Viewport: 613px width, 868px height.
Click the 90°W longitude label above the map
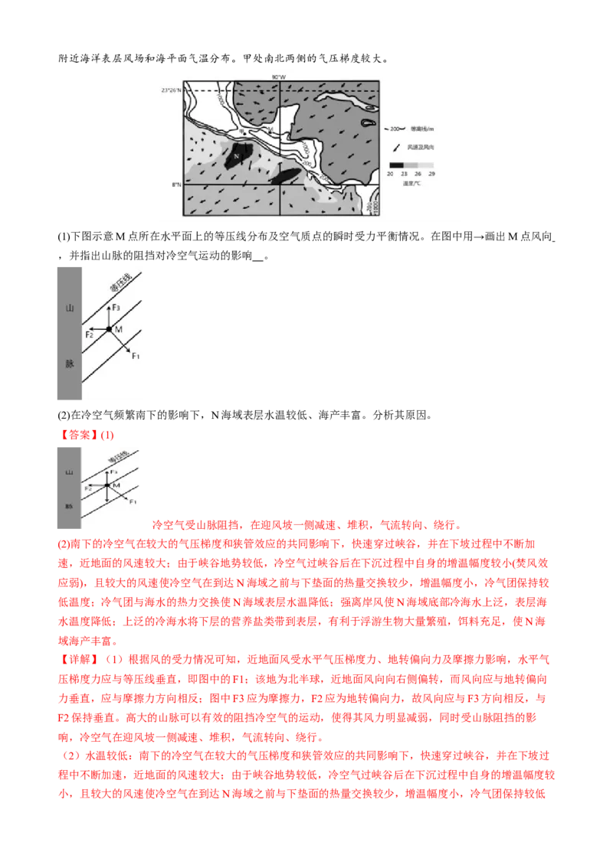(279, 77)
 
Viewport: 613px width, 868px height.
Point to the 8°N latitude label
(175, 184)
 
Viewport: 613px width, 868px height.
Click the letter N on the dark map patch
(237, 156)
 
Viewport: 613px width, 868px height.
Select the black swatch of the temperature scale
(395, 165)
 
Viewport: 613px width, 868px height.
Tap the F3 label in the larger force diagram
(116, 307)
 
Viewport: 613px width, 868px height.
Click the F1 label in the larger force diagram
(136, 357)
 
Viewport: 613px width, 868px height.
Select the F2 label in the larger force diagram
(89, 334)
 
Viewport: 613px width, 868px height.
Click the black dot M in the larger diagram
(109, 329)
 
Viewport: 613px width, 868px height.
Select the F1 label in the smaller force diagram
(133, 501)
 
